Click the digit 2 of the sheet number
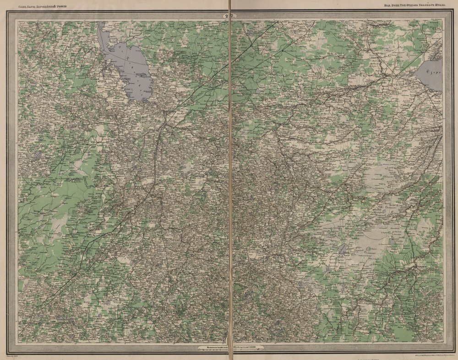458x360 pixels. (226, 16)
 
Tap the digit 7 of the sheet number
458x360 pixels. (233, 16)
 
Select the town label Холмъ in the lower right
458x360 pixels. (419, 265)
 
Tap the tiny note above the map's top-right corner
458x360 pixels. (435, 20)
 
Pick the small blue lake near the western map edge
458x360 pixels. (37, 156)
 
